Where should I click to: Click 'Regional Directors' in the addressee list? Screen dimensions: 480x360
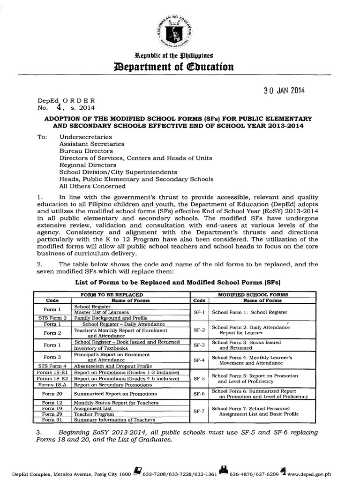(87, 165)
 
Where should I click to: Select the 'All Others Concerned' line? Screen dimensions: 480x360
(90, 186)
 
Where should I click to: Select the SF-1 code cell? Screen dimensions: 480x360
(198, 312)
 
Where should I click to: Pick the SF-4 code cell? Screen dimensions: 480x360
(198, 360)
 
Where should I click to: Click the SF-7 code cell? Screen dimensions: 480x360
(198, 411)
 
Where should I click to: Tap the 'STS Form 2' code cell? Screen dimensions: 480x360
(52, 318)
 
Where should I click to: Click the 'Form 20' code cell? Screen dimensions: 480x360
(52, 394)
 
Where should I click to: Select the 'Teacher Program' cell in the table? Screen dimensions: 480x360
(93, 414)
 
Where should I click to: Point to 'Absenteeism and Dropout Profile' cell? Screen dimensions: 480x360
(113, 366)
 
